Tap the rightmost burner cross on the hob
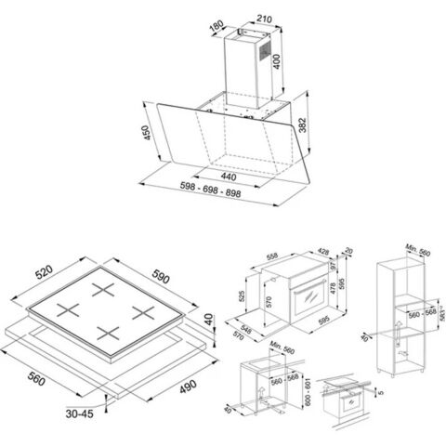pyautogui.click(x=140, y=311)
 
